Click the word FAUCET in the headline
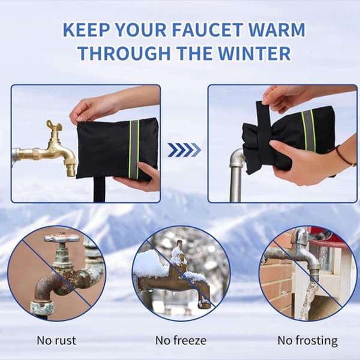[x=207, y=29]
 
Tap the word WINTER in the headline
[x=254, y=53]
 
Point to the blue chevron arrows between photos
[x=184, y=150]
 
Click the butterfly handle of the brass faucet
[x=54, y=126]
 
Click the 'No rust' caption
[x=56, y=340]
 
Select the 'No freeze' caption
[x=181, y=340]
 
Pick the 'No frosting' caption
[x=308, y=341]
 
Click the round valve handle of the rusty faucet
[x=62, y=238]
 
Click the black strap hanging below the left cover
[x=100, y=190]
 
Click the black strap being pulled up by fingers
[x=264, y=128]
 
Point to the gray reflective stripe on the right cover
[x=308, y=131]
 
